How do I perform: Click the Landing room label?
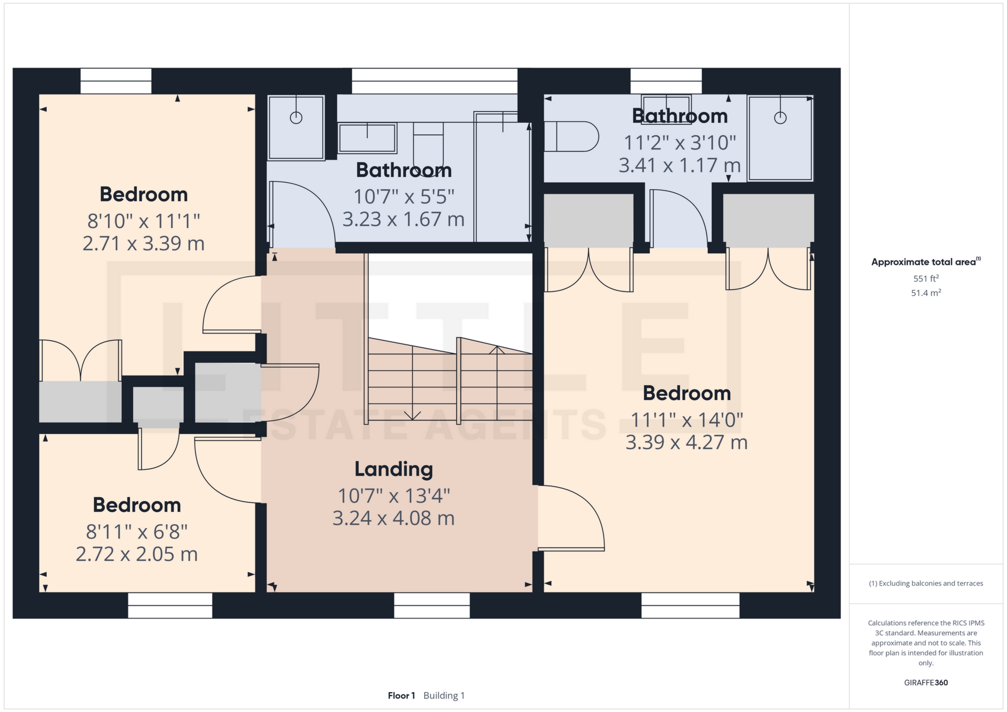coord(394,469)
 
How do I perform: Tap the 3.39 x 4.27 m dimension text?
coord(687,443)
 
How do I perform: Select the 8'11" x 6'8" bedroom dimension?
coord(137,532)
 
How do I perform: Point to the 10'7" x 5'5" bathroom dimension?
coord(404,197)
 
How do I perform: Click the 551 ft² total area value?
coord(926,278)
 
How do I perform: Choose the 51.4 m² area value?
coord(926,293)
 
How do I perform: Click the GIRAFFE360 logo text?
coord(926,683)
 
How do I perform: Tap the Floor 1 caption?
coord(401,696)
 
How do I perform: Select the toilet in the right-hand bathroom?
coord(571,136)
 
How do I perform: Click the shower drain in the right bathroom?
coord(780,118)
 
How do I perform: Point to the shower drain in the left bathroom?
coord(296,118)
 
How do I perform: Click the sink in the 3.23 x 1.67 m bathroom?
coord(367,137)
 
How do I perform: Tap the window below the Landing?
coord(432,606)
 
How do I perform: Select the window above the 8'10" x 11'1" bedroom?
coord(116,81)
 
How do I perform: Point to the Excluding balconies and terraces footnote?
coord(926,584)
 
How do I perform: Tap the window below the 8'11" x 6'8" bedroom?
coord(170,606)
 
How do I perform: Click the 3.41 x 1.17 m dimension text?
coord(680,166)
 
